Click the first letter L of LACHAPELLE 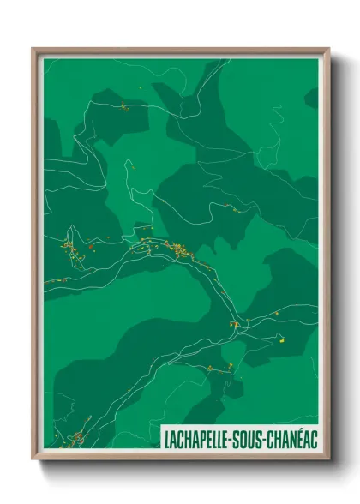pos(166,439)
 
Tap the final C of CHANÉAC pos(314,439)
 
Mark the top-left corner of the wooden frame pos(33,48)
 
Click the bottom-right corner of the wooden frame pos(329,459)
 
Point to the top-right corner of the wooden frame pos(329,48)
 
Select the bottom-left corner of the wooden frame pos(33,459)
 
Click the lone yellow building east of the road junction pos(279,338)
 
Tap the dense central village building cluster pos(178,249)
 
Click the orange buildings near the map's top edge pos(124,105)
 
